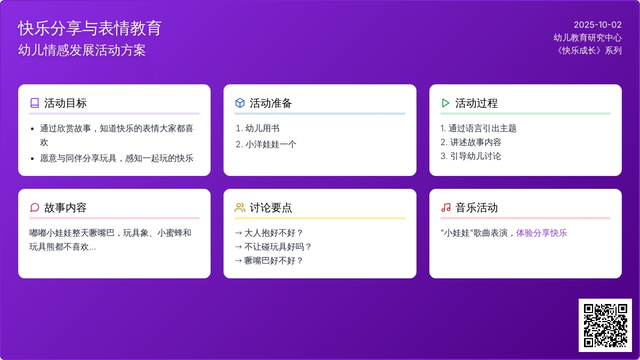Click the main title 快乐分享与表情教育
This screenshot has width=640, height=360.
tap(90, 28)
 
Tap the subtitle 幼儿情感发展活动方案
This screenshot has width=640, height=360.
tap(82, 50)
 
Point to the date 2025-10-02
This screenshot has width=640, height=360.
tap(598, 25)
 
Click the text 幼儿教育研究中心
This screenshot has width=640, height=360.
tap(587, 38)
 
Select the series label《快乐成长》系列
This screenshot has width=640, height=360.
tap(588, 51)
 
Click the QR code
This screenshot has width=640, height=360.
tap(605, 325)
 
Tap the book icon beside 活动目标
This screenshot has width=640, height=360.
tap(35, 103)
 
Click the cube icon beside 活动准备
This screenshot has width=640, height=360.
tap(239, 103)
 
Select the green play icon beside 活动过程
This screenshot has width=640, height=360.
tap(445, 103)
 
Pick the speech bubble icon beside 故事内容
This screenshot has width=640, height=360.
tap(35, 207)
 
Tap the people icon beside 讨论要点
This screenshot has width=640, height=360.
tap(239, 207)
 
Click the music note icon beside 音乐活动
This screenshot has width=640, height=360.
tap(446, 207)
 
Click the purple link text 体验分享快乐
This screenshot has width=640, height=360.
tap(541, 233)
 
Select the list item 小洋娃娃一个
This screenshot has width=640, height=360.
tap(270, 145)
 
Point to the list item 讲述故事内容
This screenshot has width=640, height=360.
tap(476, 142)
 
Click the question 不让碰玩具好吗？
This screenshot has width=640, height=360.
tap(278, 246)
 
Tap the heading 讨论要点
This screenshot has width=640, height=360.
tap(270, 207)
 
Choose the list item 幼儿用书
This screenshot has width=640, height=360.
tap(262, 129)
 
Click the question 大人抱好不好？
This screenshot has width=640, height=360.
tap(274, 233)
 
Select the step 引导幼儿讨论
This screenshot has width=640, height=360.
tap(476, 156)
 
